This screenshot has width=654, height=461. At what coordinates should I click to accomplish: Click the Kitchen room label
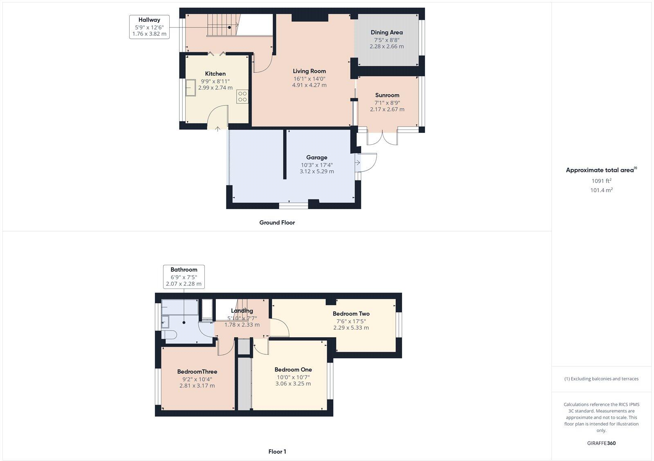(215, 74)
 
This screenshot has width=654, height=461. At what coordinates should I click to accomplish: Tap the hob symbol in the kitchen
(242, 96)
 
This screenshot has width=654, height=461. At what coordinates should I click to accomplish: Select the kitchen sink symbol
(190, 88)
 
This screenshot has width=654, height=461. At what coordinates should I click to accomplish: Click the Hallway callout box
(149, 27)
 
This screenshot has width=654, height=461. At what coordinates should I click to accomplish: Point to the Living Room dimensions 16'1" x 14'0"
(309, 78)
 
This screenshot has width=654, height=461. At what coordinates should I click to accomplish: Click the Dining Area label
(386, 32)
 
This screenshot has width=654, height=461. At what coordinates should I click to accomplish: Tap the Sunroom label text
(387, 95)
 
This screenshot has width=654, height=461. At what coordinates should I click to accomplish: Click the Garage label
(316, 157)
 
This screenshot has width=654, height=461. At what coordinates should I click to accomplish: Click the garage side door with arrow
(365, 162)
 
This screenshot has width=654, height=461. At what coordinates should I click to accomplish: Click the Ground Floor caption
(277, 223)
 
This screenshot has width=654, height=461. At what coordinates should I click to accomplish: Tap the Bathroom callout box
(184, 277)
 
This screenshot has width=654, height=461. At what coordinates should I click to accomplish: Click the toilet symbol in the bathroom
(168, 335)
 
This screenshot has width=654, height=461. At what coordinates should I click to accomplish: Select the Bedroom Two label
(351, 314)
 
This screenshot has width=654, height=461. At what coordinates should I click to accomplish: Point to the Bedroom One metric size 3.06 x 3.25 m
(293, 384)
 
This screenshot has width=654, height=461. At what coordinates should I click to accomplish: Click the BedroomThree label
(197, 372)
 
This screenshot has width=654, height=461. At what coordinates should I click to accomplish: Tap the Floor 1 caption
(277, 452)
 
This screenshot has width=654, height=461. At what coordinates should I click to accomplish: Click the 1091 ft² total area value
(601, 181)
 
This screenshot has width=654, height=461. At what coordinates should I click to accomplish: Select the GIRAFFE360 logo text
(601, 443)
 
